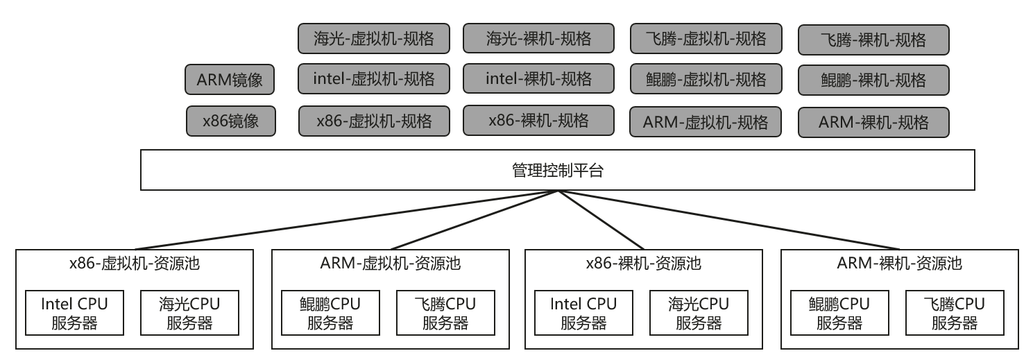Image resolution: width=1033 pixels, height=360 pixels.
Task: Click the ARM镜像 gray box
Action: (x=230, y=80)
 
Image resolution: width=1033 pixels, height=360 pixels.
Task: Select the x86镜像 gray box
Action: (x=230, y=121)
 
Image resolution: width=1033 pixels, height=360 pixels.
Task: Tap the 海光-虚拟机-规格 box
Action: (x=374, y=38)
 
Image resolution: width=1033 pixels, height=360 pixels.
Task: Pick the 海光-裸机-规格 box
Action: (x=538, y=38)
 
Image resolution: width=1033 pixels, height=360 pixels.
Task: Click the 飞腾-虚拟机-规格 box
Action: (x=706, y=38)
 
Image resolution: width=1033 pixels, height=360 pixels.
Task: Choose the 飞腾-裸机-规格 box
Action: (x=873, y=40)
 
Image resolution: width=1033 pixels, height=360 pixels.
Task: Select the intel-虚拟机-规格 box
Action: (x=374, y=78)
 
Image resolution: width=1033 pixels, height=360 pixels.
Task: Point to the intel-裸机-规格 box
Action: (x=538, y=78)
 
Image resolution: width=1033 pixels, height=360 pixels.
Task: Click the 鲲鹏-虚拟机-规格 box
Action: (x=706, y=80)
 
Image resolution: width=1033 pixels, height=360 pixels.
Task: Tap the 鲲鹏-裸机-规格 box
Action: (x=873, y=80)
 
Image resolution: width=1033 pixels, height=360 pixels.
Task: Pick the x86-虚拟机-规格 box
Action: (x=374, y=121)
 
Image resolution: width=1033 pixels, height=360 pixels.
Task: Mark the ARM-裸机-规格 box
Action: (x=873, y=123)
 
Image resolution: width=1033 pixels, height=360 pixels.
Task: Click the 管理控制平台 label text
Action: (x=557, y=170)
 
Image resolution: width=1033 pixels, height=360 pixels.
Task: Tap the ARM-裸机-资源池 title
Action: (x=900, y=264)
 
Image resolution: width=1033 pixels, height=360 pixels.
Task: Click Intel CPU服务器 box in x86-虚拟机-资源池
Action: (x=74, y=313)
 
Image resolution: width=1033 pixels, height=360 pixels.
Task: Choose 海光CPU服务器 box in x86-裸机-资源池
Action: (x=699, y=313)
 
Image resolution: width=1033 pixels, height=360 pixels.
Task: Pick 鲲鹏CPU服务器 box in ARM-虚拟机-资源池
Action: (x=330, y=313)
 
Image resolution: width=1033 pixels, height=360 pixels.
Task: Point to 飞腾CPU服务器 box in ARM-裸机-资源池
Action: (x=954, y=313)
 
